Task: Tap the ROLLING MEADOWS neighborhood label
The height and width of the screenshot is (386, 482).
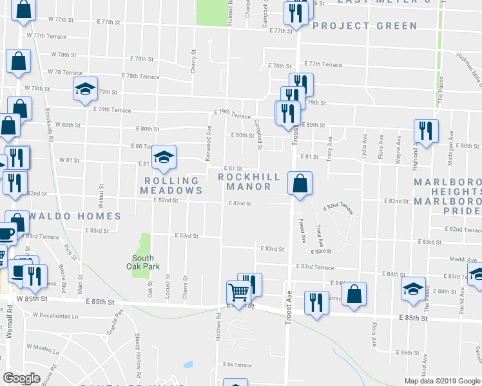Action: click(x=171, y=185)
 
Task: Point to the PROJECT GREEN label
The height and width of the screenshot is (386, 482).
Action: click(x=365, y=26)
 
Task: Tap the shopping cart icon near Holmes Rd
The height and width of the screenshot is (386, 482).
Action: click(x=238, y=293)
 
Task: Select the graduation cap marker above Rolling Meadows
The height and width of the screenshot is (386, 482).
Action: click(x=164, y=157)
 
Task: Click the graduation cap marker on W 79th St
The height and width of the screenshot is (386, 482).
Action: click(x=84, y=91)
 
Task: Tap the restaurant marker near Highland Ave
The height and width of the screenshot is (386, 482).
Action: click(x=425, y=131)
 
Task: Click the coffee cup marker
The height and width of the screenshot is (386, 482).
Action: click(x=6, y=233)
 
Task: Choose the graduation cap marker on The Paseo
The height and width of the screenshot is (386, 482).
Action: click(x=413, y=289)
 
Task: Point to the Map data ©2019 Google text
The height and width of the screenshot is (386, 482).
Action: click(x=441, y=381)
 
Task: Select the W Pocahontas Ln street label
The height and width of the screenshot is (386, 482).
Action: click(x=55, y=316)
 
